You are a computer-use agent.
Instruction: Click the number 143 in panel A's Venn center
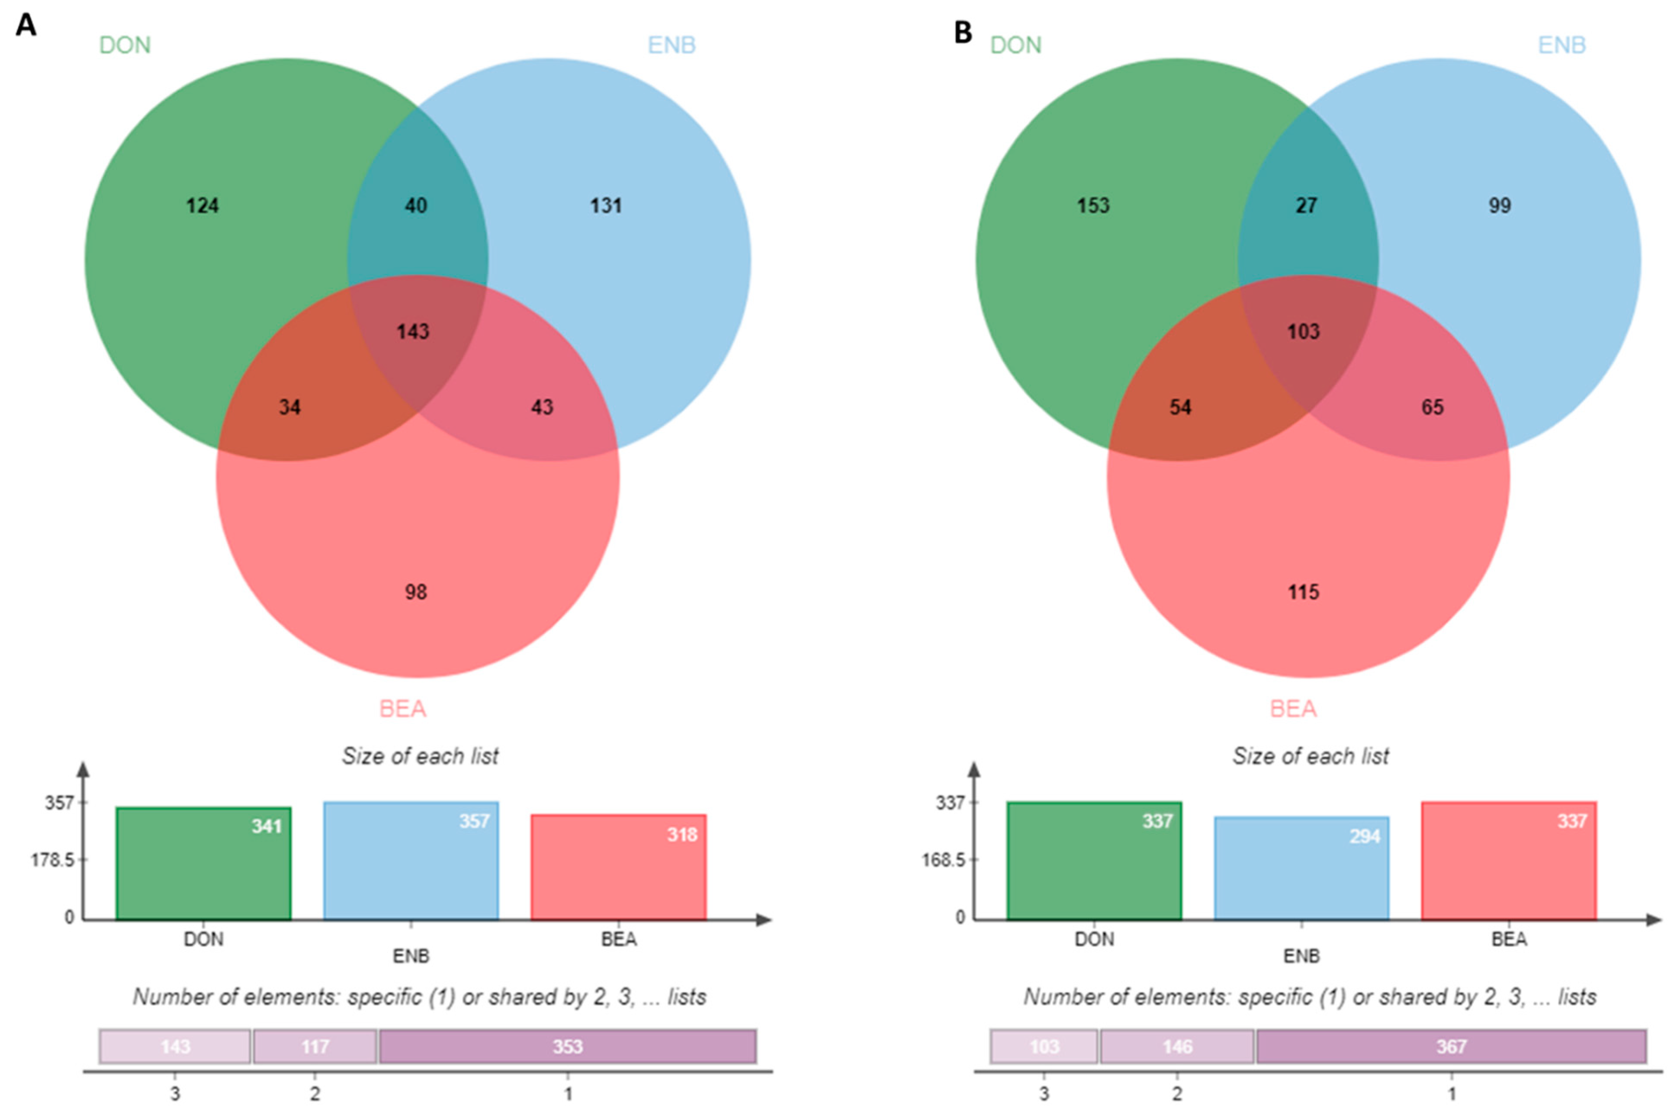[413, 331]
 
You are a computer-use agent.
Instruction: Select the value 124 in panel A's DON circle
[202, 206]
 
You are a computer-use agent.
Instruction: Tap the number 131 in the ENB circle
[606, 206]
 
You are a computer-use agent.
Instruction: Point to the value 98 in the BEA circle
[416, 591]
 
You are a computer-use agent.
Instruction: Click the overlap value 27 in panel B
[1306, 206]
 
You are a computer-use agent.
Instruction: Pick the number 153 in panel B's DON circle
[1092, 206]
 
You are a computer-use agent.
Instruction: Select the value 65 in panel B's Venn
[1433, 407]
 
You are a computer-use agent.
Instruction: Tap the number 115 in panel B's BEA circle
[1303, 591]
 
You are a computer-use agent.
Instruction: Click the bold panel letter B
[963, 32]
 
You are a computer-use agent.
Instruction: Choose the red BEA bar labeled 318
[618, 868]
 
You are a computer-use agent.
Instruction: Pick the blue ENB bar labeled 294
[1301, 868]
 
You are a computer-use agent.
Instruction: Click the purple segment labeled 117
[315, 1047]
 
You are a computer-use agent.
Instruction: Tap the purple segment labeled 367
[1451, 1047]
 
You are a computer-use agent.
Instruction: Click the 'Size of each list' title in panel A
[420, 756]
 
